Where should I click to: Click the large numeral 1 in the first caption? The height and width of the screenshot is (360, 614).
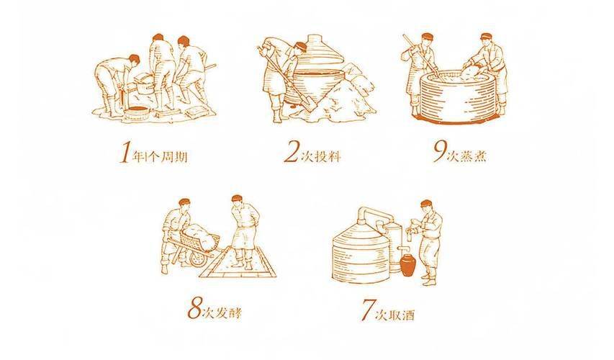pyautogui.click(x=125, y=153)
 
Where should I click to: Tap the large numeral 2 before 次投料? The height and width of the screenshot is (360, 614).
pyautogui.click(x=292, y=153)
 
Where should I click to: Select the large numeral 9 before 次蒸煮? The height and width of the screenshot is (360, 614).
pyautogui.click(x=440, y=152)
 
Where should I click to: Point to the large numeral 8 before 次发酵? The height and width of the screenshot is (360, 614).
pyautogui.click(x=194, y=308)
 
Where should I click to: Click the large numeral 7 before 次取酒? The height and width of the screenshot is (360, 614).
pyautogui.click(x=367, y=310)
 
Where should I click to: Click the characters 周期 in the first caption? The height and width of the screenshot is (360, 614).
pyautogui.click(x=174, y=157)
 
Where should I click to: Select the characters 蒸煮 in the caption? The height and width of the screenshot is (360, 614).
pyautogui.click(x=474, y=156)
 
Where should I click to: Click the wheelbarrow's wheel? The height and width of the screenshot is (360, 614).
pyautogui.click(x=197, y=258)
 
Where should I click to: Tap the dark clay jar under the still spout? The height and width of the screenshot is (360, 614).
pyautogui.click(x=408, y=264)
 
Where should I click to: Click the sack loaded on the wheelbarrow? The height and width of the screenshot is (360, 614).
pyautogui.click(x=199, y=236)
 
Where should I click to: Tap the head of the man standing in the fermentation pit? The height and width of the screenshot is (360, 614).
pyautogui.click(x=238, y=199)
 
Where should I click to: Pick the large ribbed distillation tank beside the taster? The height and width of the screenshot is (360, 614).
pyautogui.click(x=361, y=255)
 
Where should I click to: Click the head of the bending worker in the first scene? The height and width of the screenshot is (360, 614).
pyautogui.click(x=134, y=60)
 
